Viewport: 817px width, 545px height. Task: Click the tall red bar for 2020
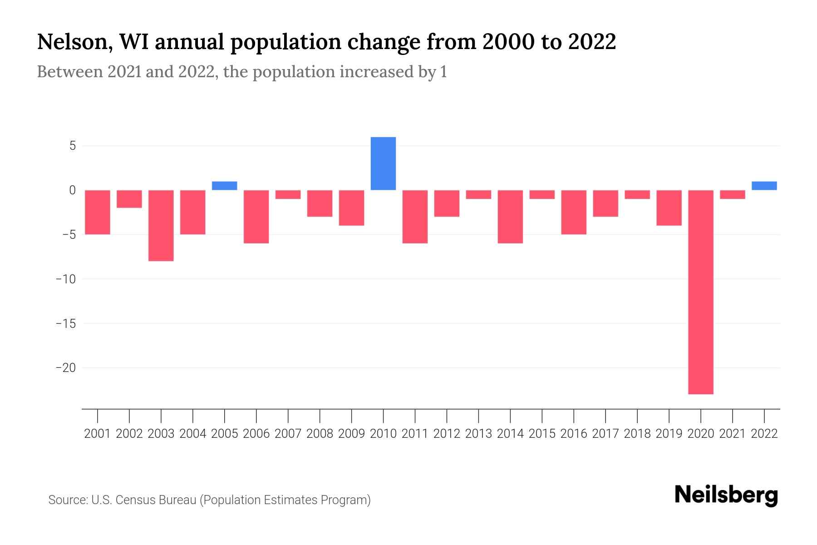coord(700,292)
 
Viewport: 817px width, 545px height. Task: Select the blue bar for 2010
coord(383,163)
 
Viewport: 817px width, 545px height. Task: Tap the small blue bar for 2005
coord(224,186)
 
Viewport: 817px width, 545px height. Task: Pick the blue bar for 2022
coord(764,186)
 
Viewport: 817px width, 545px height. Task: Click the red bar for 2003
coord(161,225)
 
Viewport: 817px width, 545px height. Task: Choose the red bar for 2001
coord(98,212)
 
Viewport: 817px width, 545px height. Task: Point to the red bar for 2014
coord(510,217)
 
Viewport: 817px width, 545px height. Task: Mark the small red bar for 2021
coord(732,194)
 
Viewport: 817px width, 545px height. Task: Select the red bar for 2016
coord(574,212)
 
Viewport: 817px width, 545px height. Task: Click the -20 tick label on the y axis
coord(66,367)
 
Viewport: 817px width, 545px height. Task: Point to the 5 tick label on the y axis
coord(72,146)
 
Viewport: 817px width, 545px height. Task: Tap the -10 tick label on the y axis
coord(66,279)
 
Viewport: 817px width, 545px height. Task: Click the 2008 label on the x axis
coord(320,434)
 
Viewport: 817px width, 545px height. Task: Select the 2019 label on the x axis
coord(669,434)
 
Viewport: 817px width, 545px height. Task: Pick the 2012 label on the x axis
coord(447,434)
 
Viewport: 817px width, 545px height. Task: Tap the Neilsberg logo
coord(726,495)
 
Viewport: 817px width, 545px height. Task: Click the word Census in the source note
coord(135,500)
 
